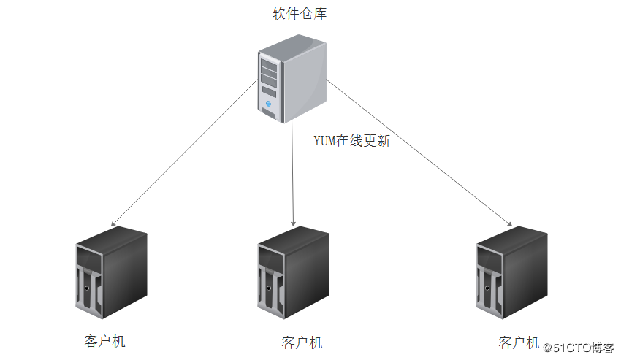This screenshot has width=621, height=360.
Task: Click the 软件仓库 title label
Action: tap(293, 13)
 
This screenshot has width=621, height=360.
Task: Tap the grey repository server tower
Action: tap(291, 79)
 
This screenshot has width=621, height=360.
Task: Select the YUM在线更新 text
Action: tap(352, 141)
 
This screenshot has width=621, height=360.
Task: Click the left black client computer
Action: tap(111, 273)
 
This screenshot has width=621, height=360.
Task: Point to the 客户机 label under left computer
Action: tap(105, 341)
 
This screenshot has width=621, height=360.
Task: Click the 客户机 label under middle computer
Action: tap(301, 342)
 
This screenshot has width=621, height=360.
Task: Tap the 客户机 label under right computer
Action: tap(519, 342)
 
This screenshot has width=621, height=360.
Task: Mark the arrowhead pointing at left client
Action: tap(112, 223)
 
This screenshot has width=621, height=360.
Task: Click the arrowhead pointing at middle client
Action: tap(293, 223)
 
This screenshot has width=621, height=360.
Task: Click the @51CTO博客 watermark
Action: tap(582, 348)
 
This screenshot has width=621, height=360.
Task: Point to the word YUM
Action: tap(324, 141)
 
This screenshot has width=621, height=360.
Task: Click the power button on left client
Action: tap(87, 289)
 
